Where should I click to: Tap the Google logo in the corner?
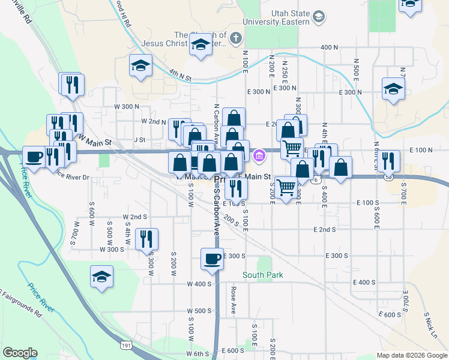pos(20,353)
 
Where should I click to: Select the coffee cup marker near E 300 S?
pos(212,259)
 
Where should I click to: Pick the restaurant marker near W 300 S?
pos(147,239)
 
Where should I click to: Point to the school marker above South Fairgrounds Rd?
pos(101,277)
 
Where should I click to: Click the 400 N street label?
pos(330,47)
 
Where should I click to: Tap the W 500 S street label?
pos(199,311)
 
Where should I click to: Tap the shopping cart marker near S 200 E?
pos(286,188)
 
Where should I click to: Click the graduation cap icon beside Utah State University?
pos(319,17)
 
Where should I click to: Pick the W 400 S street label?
pos(199,284)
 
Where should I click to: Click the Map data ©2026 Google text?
pos(411,355)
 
